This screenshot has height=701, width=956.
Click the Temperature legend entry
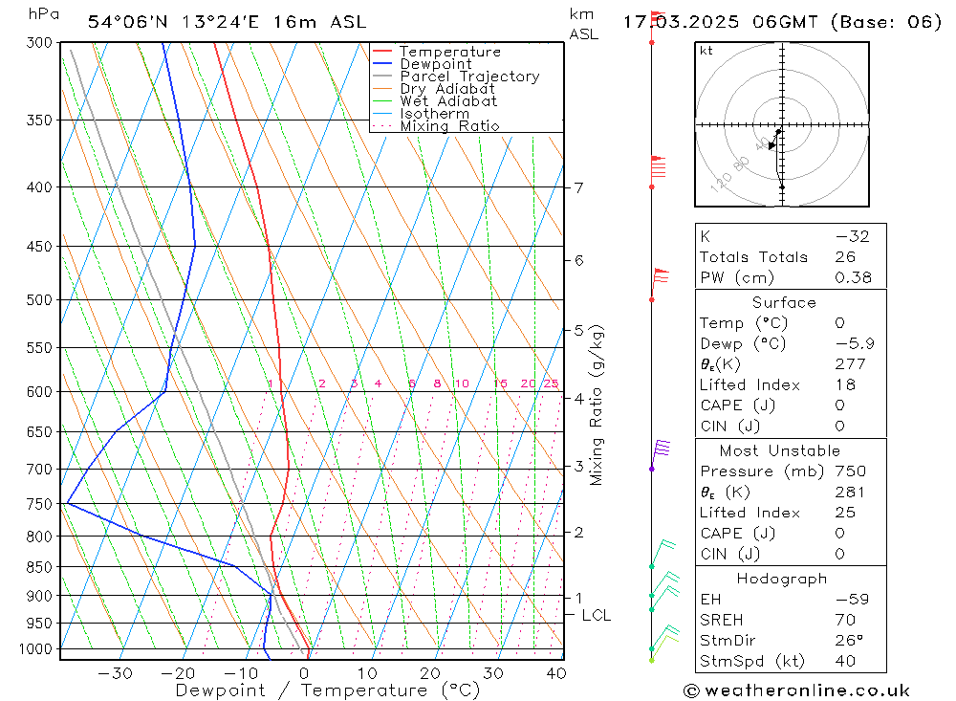coord(449,52)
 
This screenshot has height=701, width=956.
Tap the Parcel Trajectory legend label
coord(469,77)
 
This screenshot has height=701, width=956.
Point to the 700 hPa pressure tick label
coord(41,469)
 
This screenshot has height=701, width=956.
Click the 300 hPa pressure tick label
coord(41,43)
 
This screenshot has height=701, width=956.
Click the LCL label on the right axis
coord(596,616)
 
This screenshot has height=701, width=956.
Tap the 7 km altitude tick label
coord(579,187)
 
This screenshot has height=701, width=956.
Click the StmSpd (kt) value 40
coord(845,661)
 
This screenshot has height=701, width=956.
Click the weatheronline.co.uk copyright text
coord(797,690)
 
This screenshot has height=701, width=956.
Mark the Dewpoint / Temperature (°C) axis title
coord(327,690)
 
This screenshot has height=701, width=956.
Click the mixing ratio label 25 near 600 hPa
coord(551,383)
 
